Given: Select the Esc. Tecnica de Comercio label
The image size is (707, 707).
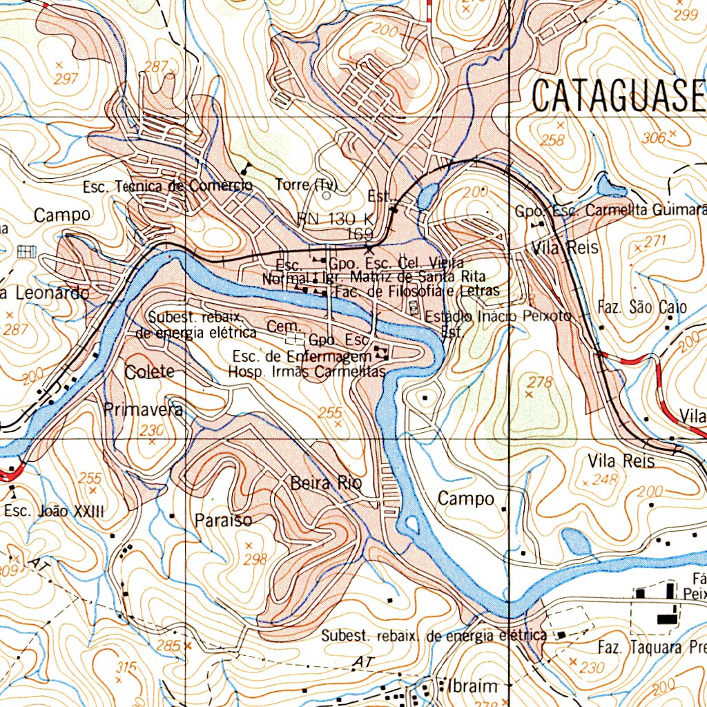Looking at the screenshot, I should coord(167,187).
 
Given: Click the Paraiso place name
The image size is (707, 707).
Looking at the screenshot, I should coord(223,520).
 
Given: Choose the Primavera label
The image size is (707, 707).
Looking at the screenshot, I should coord(144,409).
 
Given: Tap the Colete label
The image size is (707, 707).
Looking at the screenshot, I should coord(150,371).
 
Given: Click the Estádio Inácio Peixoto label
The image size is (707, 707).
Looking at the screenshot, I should coord(498,316).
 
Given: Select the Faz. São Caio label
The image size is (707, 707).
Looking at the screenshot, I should coord(642,307).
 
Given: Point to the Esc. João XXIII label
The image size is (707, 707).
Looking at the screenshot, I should coord(54,512).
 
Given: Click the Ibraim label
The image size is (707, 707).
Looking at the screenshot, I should coord(473,686).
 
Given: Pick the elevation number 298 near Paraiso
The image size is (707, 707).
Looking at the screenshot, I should coord(255,559).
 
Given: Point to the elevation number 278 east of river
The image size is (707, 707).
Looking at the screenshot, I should coord(541,382).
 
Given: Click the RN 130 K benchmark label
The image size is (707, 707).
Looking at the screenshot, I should coord(336,219).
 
